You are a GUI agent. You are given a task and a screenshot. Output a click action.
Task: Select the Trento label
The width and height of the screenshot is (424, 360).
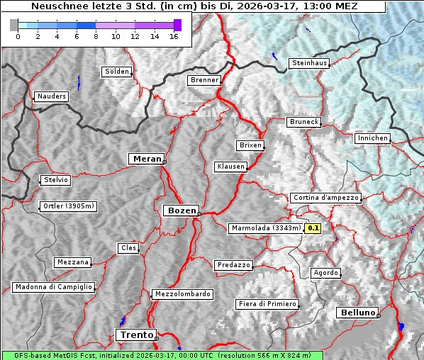[x=135, y=334]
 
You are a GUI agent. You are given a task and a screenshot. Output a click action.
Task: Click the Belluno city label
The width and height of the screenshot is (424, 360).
[x=357, y=313]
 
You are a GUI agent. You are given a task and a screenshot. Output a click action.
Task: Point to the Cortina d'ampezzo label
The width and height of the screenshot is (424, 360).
[x=325, y=198]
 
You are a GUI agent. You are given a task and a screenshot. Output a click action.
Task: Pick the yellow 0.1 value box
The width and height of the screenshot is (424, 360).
[x=313, y=228]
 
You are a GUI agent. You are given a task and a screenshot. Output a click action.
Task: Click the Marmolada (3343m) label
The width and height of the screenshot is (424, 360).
[x=266, y=228]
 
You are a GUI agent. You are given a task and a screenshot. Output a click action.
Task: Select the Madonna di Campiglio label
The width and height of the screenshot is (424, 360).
[x=53, y=287]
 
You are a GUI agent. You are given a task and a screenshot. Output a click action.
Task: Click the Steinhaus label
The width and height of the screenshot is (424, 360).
[x=310, y=63]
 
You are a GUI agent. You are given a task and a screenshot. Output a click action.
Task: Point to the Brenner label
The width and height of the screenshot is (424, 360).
[x=204, y=80]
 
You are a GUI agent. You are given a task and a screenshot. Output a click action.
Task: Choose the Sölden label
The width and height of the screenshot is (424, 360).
[x=117, y=72]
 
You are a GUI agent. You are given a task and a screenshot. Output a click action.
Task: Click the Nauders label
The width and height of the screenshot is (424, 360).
[x=51, y=96]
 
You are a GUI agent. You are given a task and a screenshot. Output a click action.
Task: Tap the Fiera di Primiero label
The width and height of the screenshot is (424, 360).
[x=267, y=304]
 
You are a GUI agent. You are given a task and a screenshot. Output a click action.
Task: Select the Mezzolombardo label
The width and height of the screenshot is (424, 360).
[x=181, y=294]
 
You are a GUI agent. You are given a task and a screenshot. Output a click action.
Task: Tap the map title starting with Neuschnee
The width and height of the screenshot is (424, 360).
[x=194, y=6]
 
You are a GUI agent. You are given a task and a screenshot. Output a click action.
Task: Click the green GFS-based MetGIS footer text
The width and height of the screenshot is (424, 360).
[x=162, y=355]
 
